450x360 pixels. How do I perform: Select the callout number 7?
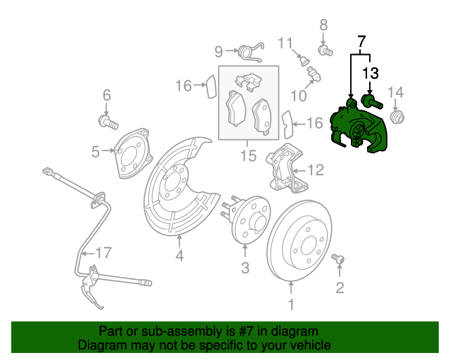361,42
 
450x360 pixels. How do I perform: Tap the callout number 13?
371,73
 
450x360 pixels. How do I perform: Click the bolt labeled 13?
372,102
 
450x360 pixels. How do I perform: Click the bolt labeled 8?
326,51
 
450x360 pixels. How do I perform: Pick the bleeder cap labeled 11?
304,61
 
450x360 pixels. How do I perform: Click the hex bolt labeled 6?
108,122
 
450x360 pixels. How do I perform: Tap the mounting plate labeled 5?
134,153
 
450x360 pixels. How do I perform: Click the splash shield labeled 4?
179,186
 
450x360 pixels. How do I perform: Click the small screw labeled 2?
337,258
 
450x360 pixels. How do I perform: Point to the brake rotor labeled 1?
300,240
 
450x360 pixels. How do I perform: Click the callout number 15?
248,156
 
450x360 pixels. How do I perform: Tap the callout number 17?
103,253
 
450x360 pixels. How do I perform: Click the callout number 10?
298,96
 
